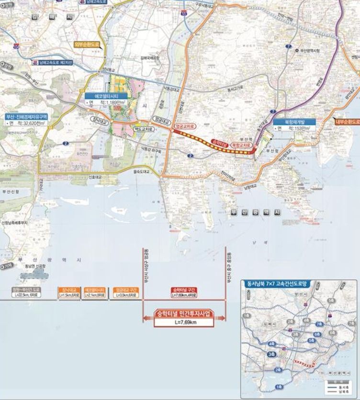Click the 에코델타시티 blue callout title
click(103, 95)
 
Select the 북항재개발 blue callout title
click(295, 121)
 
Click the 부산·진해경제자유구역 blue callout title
click(26, 116)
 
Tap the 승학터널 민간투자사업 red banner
click(184, 314)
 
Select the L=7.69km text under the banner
click(184, 322)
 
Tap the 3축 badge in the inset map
click(272, 354)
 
